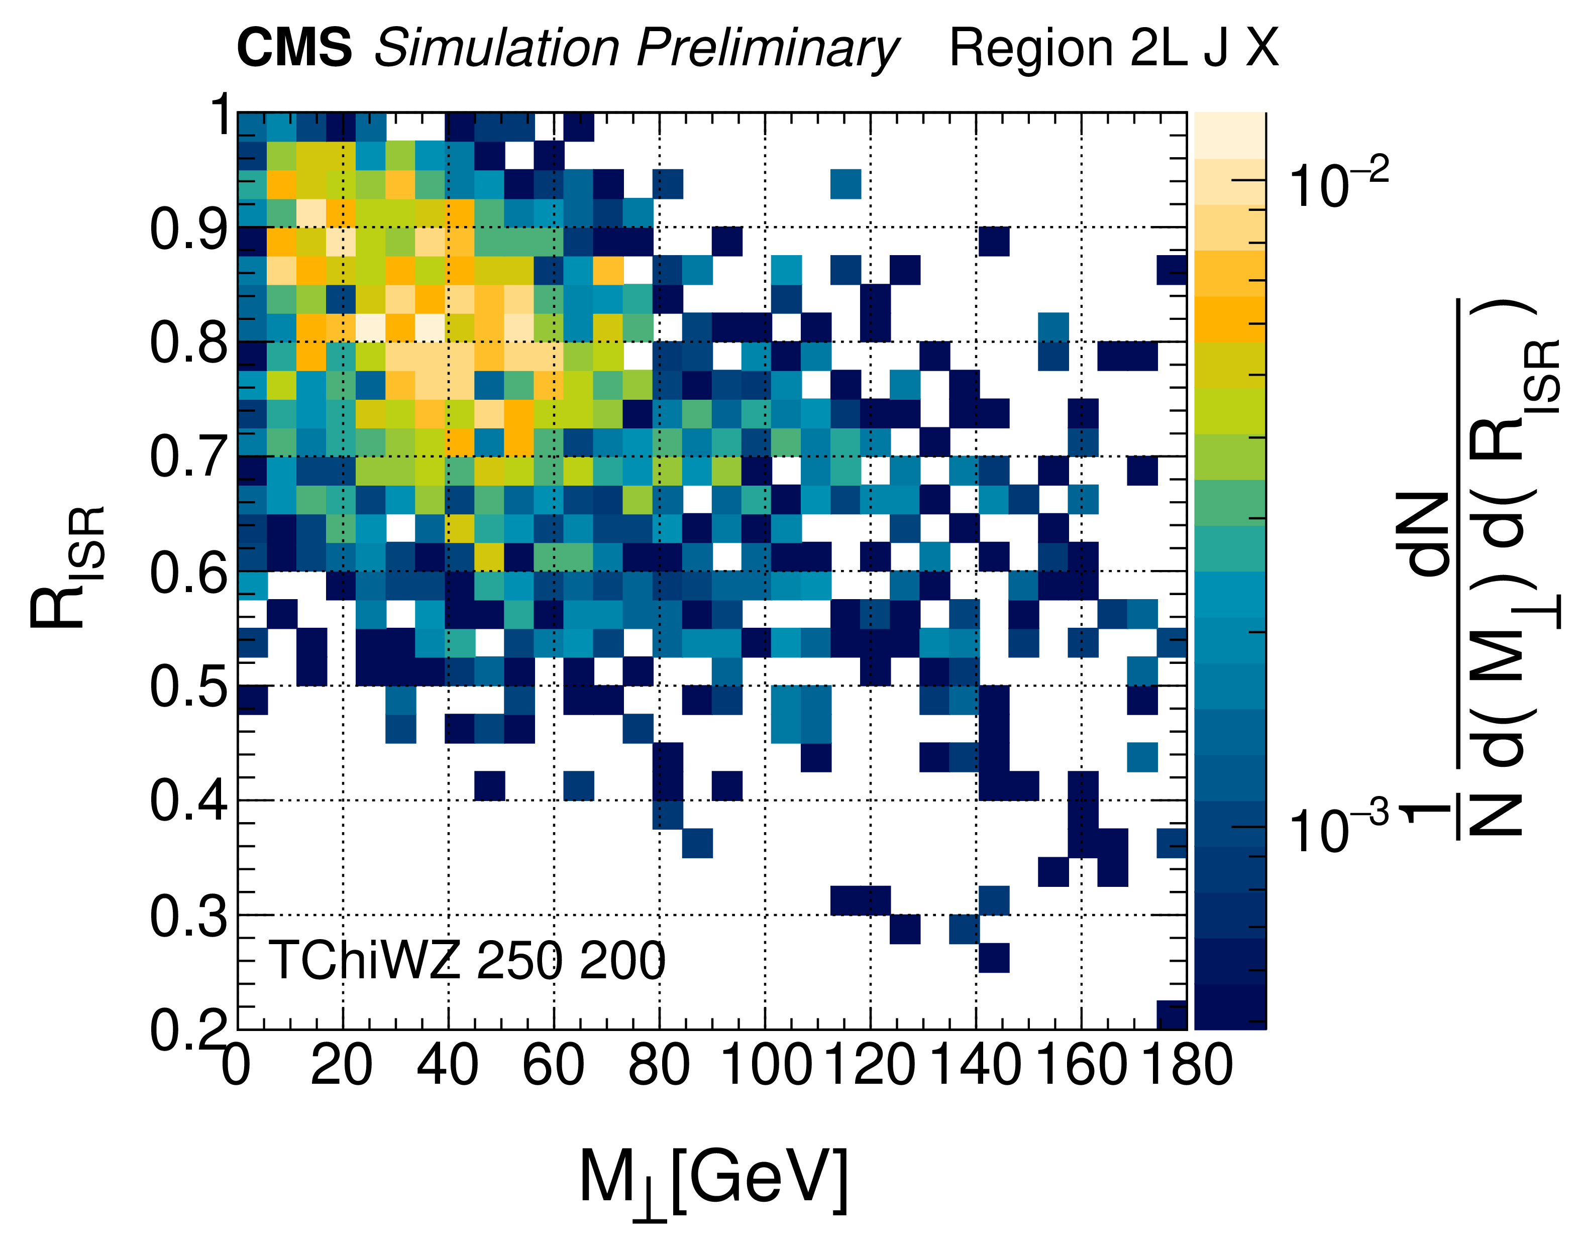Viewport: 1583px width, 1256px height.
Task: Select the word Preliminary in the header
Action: (x=767, y=50)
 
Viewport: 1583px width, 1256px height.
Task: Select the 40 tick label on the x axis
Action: (x=448, y=1065)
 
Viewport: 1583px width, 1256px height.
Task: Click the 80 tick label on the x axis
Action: (x=659, y=1065)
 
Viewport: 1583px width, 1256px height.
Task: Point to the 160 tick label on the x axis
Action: (x=1081, y=1065)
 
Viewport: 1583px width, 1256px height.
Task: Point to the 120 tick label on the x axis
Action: (x=871, y=1065)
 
